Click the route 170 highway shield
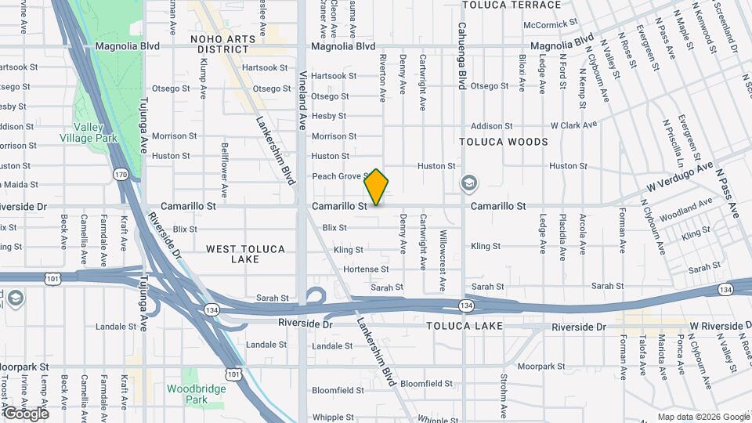[x=120, y=174]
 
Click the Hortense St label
[x=366, y=269]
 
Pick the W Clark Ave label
[x=573, y=125]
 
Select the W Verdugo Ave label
[x=680, y=177]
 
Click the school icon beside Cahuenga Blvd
[x=468, y=183]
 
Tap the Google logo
[x=26, y=413]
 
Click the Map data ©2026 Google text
[x=703, y=417]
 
